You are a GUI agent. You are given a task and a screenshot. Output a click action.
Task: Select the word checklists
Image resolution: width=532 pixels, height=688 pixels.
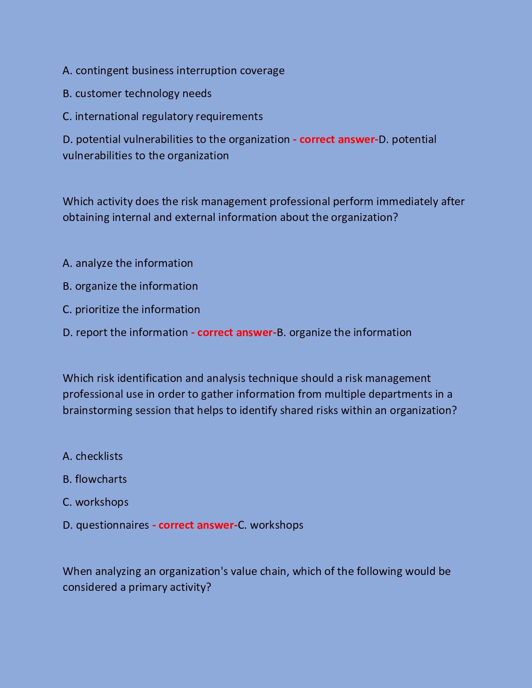[x=99, y=457]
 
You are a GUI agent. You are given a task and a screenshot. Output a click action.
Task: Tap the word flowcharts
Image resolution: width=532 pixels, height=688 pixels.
[x=101, y=480]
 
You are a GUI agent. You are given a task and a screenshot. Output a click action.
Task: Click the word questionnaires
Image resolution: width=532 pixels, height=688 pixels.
[x=112, y=525]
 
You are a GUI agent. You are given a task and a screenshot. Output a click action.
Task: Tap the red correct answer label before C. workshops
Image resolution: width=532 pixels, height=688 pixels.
[x=195, y=525]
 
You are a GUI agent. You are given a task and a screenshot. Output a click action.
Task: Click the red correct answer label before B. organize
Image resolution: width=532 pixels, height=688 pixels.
[x=234, y=333]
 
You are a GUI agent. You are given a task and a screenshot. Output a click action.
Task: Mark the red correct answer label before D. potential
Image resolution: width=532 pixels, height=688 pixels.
[x=335, y=140]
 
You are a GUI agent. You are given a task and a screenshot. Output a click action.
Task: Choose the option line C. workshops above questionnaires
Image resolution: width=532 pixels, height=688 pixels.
[x=96, y=502]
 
